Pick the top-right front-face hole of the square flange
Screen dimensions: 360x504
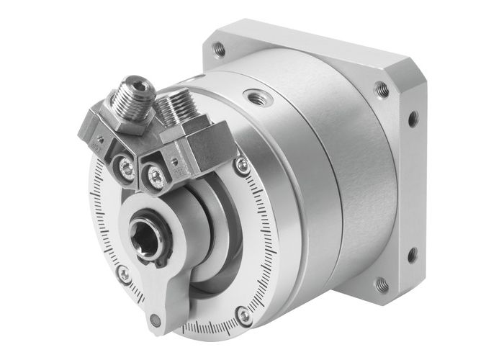tap(382, 89)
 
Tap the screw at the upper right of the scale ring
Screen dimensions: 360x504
tap(242, 165)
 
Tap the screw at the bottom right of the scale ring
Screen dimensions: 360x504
tap(245, 315)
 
